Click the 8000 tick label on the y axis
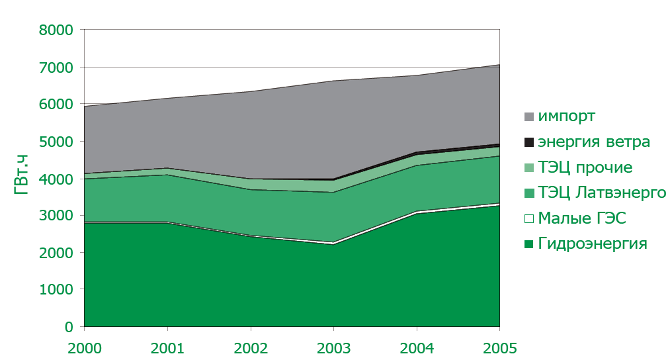click(x=56, y=30)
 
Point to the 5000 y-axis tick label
click(x=56, y=142)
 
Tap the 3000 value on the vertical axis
click(x=56, y=216)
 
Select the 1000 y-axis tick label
click(x=56, y=290)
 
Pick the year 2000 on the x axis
click(x=84, y=347)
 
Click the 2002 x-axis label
click(x=251, y=347)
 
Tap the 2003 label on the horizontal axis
click(x=333, y=347)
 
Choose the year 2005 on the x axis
click(x=499, y=347)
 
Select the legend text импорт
click(x=567, y=116)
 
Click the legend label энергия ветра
click(x=594, y=142)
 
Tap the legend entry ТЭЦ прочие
click(x=585, y=167)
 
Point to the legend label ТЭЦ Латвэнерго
click(x=601, y=193)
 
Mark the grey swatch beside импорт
click(x=528, y=117)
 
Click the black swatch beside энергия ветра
click(x=528, y=142)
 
